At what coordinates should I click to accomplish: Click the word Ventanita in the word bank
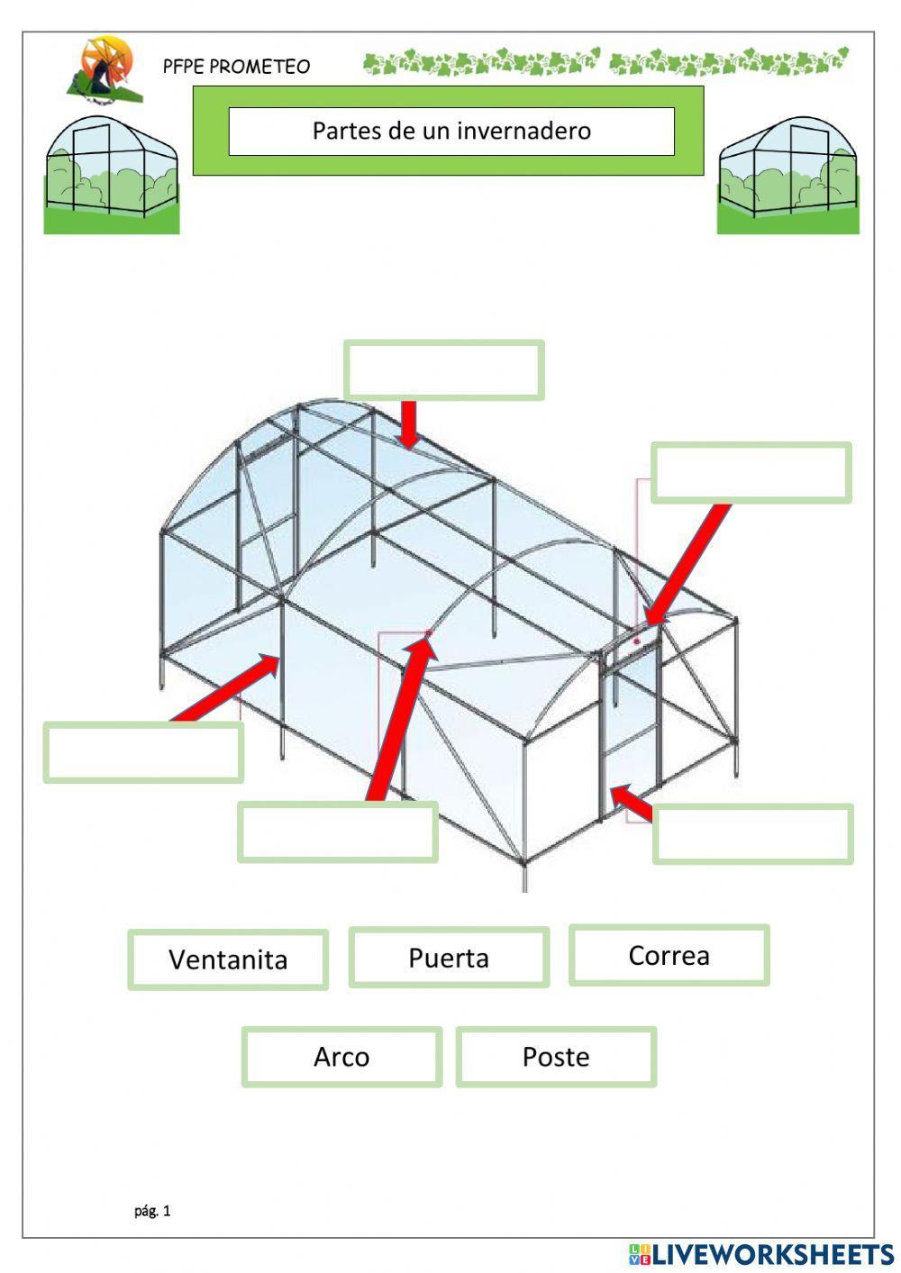coord(228,959)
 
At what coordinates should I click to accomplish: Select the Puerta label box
coord(449,957)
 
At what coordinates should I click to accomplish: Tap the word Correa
coord(669,955)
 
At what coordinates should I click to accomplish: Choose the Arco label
coord(341,1057)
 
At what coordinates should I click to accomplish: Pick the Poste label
coord(556,1057)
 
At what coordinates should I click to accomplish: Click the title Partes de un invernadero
coord(451,131)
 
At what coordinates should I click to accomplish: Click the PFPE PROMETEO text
coord(236,67)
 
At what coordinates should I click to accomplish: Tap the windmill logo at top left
coord(104,68)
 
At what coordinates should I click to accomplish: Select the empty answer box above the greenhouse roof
coord(444,369)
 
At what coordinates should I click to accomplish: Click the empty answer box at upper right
coord(751,472)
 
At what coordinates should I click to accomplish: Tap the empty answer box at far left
coord(143,752)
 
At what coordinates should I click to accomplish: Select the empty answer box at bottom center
coord(338,832)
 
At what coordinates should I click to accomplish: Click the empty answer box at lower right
coord(752,834)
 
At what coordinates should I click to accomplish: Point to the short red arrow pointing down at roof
coord(409,424)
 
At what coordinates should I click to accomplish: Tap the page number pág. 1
coord(152,1211)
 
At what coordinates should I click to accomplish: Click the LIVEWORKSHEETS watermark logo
coord(761,1254)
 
